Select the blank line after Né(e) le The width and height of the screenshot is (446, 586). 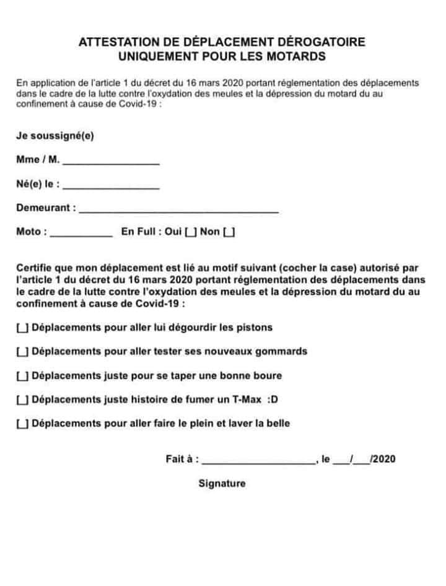tap(111, 185)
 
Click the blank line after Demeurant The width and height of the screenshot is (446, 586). tap(179, 209)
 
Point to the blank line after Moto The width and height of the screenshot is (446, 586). tap(81, 232)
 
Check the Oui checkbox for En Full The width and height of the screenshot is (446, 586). tap(191, 232)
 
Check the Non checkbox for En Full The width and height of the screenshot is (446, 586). tap(229, 232)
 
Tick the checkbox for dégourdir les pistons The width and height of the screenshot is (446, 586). tap(22, 328)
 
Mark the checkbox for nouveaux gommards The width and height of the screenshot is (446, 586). tap(22, 352)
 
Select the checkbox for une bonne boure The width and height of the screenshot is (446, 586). tap(22, 376)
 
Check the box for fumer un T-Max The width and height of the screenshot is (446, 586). tap(22, 400)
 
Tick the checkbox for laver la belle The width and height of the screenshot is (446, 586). tap(22, 424)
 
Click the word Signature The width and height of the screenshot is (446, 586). tap(222, 484)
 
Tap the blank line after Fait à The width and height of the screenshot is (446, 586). tap(259, 460)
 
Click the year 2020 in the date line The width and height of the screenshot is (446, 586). tap(384, 460)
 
